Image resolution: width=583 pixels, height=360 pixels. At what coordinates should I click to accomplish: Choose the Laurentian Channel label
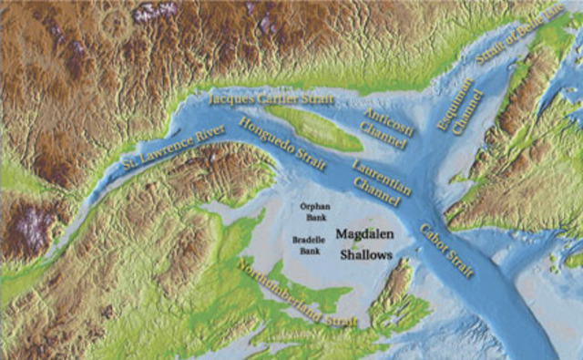pos(382,180)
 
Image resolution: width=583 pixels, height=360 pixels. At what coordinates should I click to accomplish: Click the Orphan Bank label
pos(313,211)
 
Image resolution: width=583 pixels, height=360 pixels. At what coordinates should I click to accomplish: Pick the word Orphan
pos(313,206)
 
